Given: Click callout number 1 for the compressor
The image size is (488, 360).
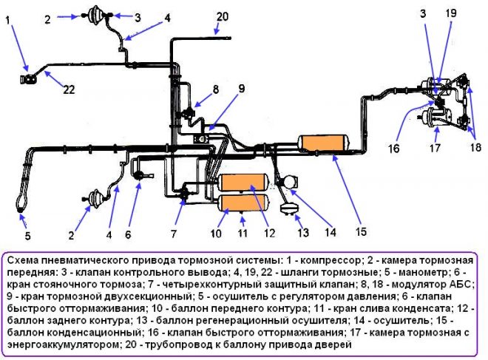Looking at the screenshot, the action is point(8,20).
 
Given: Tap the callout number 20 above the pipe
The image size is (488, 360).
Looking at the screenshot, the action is point(223,16).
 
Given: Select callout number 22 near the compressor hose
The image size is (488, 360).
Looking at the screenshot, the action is point(69,89).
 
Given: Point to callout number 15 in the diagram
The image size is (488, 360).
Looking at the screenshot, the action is point(361,232).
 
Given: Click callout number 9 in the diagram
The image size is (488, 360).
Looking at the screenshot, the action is point(242,89).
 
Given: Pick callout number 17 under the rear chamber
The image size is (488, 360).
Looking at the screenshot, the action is point(435,148).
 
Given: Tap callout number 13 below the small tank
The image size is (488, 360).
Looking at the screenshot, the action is point(303,232).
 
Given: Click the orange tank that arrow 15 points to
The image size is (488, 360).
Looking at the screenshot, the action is point(324,143).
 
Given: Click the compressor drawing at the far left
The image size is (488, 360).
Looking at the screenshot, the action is point(28,80).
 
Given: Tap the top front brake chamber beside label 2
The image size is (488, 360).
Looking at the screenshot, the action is point(95,15).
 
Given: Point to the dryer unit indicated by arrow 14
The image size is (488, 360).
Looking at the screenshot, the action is point(290,182).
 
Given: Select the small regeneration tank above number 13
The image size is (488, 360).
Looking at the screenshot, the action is point(289,208).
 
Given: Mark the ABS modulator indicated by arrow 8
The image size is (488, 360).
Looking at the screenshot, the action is point(188,112).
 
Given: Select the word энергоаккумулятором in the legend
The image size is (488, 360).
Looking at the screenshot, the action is point(62,344).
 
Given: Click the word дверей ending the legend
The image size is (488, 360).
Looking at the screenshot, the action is point(334,344).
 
